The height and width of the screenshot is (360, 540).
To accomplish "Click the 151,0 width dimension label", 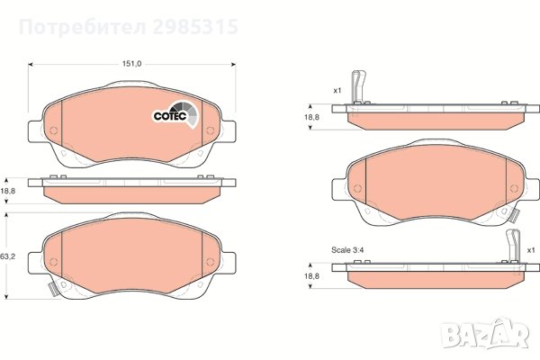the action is pos(132,64).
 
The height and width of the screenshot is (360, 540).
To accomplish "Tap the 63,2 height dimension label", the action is pos(8,256).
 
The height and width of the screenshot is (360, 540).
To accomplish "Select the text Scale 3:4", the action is pos(347,250).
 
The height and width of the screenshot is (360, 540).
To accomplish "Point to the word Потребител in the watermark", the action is pos(82,27).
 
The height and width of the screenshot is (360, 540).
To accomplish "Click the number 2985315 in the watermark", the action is pos(195,27).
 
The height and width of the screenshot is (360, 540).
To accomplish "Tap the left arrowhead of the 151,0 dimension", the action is pos(31,64).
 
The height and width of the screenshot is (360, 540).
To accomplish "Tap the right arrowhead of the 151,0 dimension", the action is pos(233,64).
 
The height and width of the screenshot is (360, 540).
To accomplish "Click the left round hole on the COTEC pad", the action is pos(54,130).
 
